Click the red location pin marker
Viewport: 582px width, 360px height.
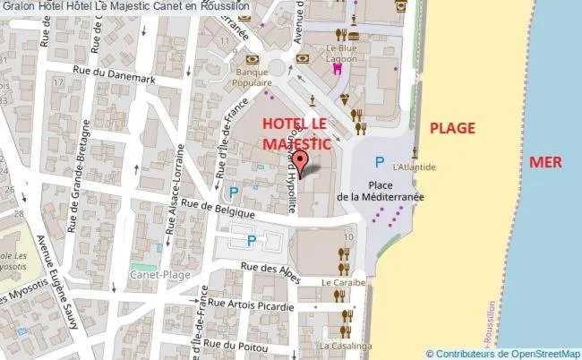pyautogui.click(x=301, y=162)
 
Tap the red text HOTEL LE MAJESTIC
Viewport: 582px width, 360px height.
pyautogui.click(x=295, y=133)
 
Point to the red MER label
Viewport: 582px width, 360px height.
pyautogui.click(x=545, y=162)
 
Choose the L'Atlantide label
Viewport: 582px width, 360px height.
pyautogui.click(x=414, y=167)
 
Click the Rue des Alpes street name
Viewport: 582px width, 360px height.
pyautogui.click(x=267, y=268)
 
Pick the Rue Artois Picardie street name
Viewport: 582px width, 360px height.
pyautogui.click(x=252, y=307)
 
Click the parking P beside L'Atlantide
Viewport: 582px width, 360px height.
pyautogui.click(x=380, y=162)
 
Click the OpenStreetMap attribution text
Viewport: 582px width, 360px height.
pyautogui.click(x=502, y=353)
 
